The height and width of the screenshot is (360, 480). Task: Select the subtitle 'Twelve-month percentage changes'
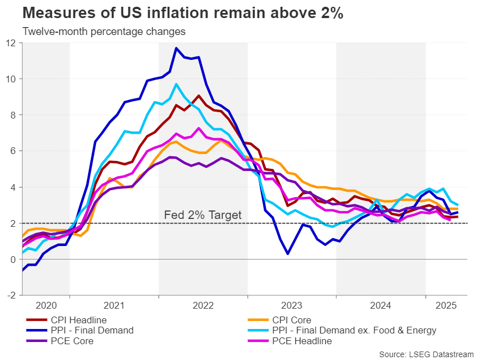[104, 32]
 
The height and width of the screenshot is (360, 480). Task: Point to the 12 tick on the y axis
[12, 43]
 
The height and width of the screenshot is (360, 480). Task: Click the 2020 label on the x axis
[46, 306]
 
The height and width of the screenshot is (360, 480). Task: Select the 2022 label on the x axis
[203, 306]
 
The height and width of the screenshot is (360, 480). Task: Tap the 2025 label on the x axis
[446, 306]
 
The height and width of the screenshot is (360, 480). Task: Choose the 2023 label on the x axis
[292, 306]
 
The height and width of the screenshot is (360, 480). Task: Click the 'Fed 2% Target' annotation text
[202, 215]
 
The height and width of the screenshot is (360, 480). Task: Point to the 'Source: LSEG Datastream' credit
[426, 354]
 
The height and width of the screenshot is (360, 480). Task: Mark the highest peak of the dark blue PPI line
[176, 48]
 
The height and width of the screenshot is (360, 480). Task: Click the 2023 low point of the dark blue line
[288, 254]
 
